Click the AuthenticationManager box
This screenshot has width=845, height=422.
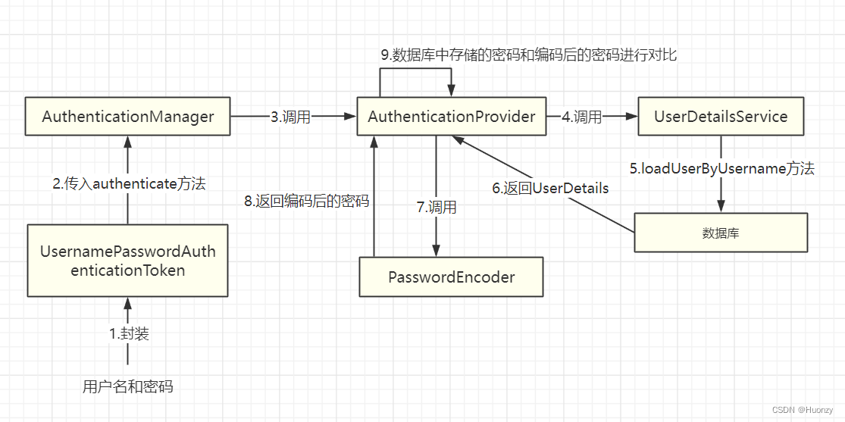(x=127, y=117)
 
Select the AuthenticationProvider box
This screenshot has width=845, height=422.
(x=451, y=117)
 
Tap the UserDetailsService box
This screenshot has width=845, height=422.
(x=720, y=117)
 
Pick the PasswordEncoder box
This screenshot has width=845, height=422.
(x=451, y=277)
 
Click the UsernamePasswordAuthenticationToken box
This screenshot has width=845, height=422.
(x=127, y=260)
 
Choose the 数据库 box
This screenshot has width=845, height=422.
(x=720, y=233)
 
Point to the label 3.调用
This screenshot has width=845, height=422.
(x=291, y=117)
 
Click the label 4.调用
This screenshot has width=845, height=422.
(x=582, y=117)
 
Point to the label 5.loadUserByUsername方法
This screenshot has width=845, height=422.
(x=721, y=168)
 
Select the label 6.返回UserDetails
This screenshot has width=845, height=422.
(x=550, y=188)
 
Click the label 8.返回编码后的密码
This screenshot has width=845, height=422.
(x=306, y=201)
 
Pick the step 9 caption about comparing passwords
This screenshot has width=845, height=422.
(x=528, y=55)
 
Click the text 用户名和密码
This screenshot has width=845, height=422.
(x=127, y=386)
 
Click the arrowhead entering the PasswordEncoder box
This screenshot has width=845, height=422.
(x=436, y=252)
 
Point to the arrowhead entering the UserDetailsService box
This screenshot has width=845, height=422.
(x=632, y=117)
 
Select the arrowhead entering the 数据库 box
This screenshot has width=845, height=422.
(x=721, y=207)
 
